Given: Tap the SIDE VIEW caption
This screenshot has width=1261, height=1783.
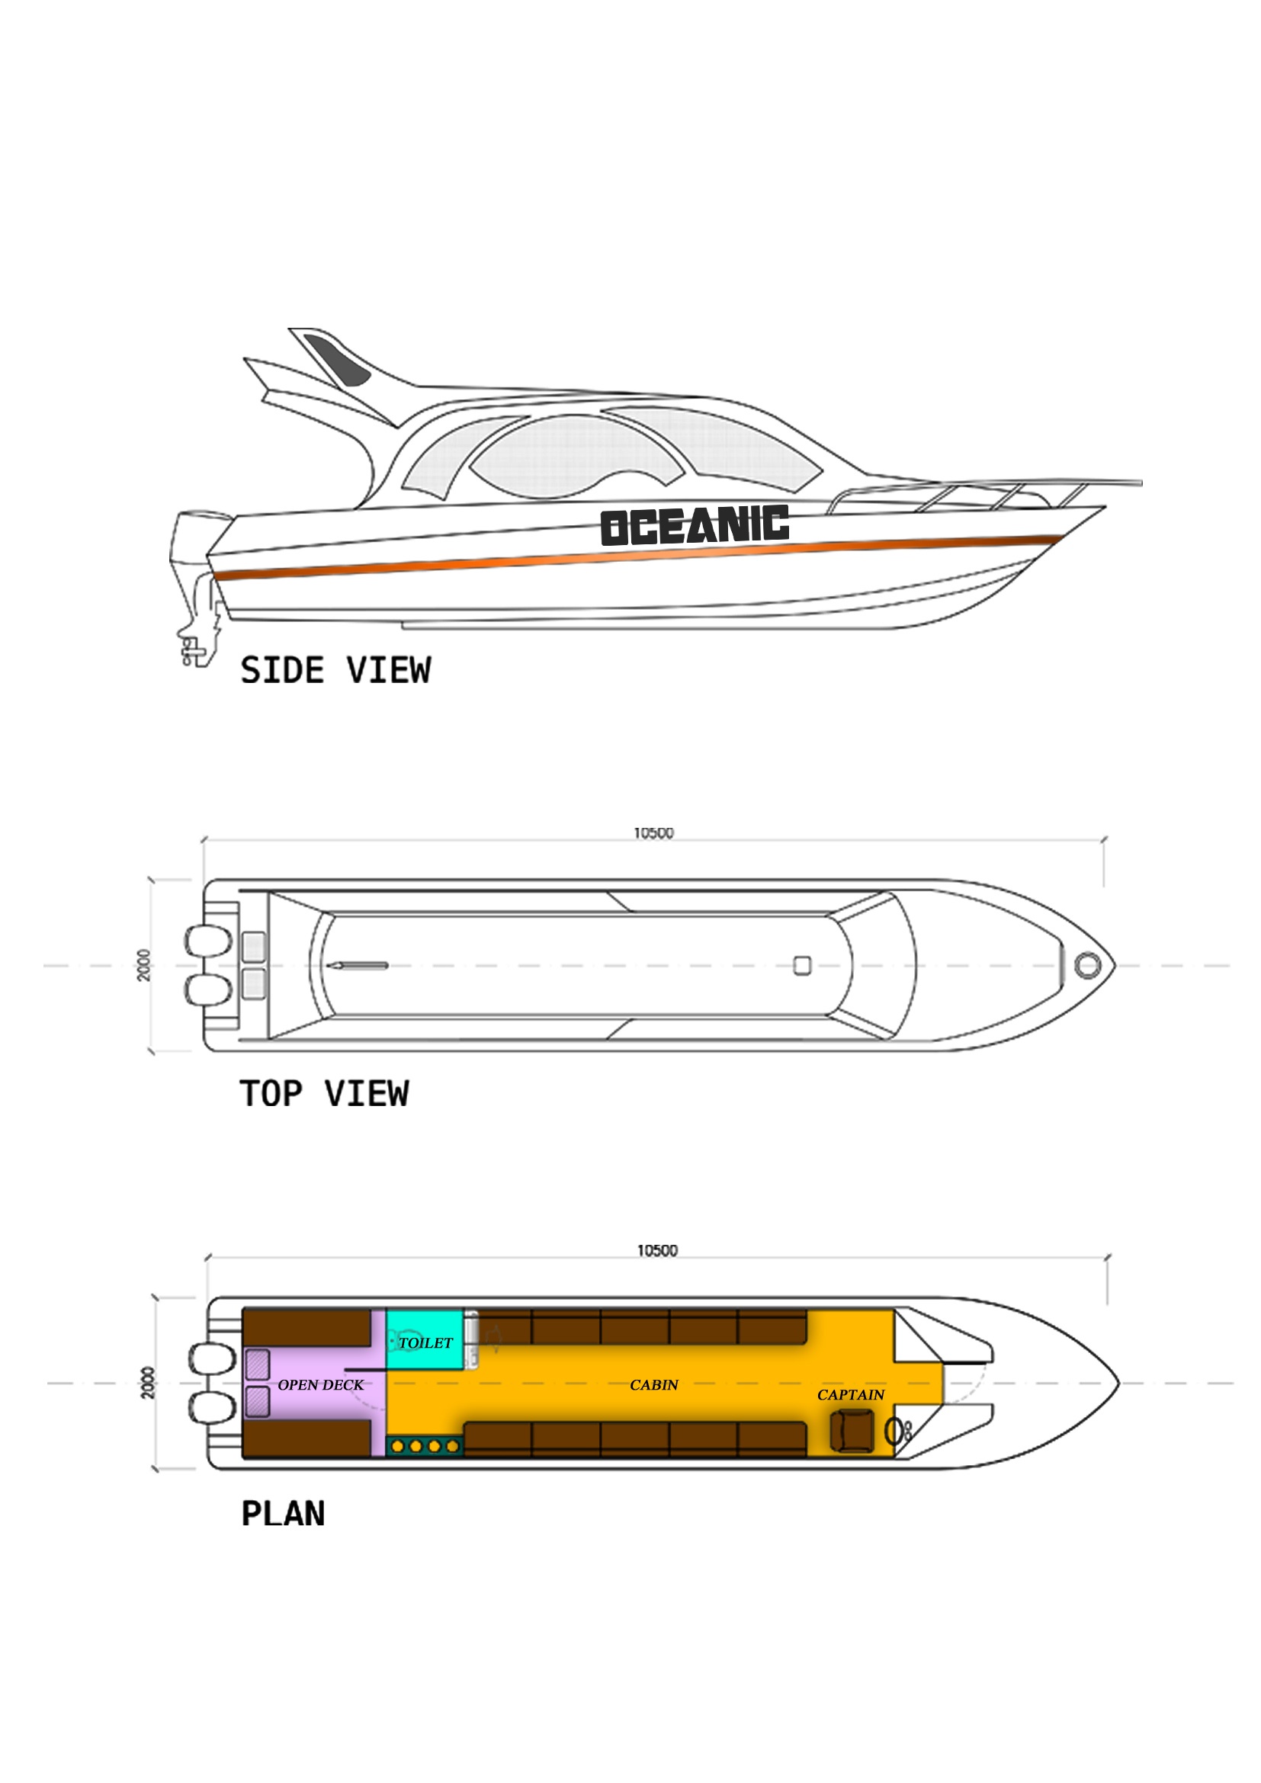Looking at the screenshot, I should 335,670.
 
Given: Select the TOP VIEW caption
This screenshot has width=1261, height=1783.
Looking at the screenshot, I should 324,1093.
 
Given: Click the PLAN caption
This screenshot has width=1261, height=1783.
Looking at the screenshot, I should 283,1514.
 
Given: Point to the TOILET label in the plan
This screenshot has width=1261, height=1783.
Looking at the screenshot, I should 425,1342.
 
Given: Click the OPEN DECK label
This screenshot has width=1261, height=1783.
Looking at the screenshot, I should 320,1384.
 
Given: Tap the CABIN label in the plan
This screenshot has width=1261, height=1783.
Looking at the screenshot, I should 654,1384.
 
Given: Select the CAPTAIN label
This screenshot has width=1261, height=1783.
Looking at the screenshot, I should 850,1395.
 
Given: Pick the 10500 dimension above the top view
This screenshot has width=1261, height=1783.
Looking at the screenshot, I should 654,833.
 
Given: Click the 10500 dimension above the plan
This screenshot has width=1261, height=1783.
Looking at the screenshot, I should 657,1251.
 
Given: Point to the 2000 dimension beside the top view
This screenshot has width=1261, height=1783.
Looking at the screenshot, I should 144,965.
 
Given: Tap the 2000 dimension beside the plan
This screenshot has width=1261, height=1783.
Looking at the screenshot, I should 148,1383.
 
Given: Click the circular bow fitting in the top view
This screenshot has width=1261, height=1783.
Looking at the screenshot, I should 1087,965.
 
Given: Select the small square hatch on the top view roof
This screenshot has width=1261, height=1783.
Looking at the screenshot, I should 802,965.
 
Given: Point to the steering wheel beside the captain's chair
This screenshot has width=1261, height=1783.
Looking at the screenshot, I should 894,1430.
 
